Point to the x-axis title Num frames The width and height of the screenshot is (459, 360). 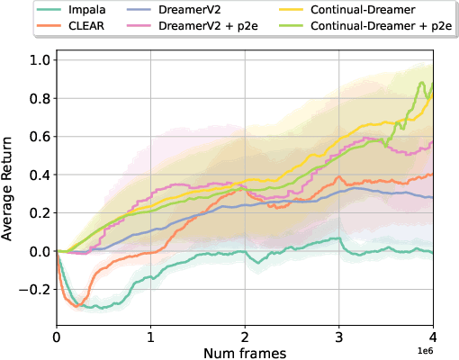pyautogui.click(x=245, y=354)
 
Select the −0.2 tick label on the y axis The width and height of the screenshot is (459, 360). pyautogui.click(x=35, y=290)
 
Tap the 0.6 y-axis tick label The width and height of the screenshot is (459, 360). pyautogui.click(x=39, y=136)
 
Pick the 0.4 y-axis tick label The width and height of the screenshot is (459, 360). pyautogui.click(x=39, y=175)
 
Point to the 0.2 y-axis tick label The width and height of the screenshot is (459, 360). pyautogui.click(x=39, y=213)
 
